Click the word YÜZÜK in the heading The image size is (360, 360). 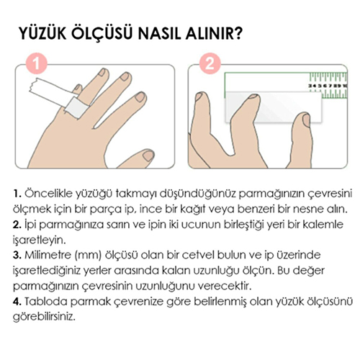pyautogui.click(x=42, y=33)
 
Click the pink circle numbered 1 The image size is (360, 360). pyautogui.click(x=37, y=63)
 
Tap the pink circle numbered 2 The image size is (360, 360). pyautogui.click(x=210, y=63)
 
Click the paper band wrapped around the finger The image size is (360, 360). pyautogui.click(x=77, y=107)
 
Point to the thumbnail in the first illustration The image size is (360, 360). pyautogui.click(x=148, y=156)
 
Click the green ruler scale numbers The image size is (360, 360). pyautogui.click(x=328, y=86)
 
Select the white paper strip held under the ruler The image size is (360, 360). pyautogui.click(x=273, y=107)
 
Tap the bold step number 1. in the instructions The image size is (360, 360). pyautogui.click(x=17, y=194)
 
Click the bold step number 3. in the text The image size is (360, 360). pyautogui.click(x=17, y=255)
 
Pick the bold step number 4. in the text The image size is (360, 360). pyautogui.click(x=17, y=302)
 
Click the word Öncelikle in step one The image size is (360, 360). pyautogui.click(x=48, y=194)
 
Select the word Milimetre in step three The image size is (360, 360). pyautogui.click(x=48, y=255)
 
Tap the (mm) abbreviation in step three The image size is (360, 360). pyautogui.click(x=88, y=256)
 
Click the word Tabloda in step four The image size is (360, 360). pyautogui.click(x=46, y=302)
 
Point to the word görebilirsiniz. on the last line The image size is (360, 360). pyautogui.click(x=44, y=317)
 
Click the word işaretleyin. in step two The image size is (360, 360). pyautogui.click(x=39, y=240)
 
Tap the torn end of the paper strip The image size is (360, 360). pyautogui.click(x=32, y=86)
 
